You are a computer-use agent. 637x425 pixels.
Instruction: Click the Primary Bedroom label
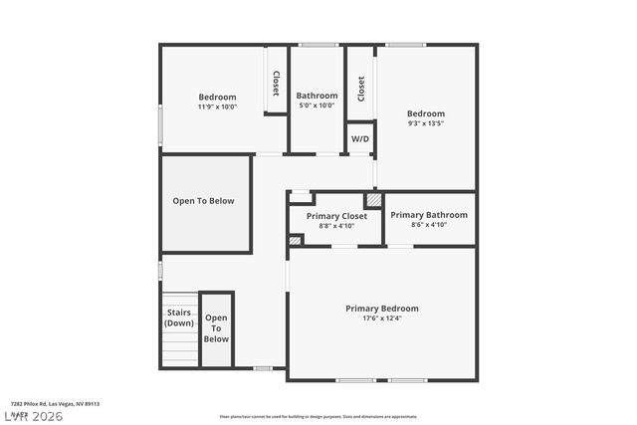pos(381,309)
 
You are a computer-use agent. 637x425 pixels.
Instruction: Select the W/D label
pos(359,139)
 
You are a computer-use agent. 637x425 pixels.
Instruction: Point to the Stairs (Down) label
pos(179,318)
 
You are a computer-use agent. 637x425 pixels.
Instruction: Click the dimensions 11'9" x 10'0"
pos(217,106)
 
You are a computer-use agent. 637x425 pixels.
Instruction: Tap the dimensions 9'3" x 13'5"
pos(425,123)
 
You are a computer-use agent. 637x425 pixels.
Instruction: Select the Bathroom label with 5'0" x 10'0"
pos(317,96)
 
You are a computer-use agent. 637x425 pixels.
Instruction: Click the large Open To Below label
pos(203,201)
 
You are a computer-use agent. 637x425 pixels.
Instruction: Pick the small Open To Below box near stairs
pos(216,328)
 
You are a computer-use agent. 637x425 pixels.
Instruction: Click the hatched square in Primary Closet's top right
pos(373,200)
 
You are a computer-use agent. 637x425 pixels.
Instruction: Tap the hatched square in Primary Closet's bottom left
pos(295,240)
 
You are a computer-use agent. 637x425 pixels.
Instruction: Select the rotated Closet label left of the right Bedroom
pos(360,89)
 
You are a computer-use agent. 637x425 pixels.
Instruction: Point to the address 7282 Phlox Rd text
pos(55,404)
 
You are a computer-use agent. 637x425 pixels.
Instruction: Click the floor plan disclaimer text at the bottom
pos(318,416)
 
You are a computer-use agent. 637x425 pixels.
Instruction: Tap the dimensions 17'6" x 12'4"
pos(381,319)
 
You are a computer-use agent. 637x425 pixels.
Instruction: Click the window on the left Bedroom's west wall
pos(160,127)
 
